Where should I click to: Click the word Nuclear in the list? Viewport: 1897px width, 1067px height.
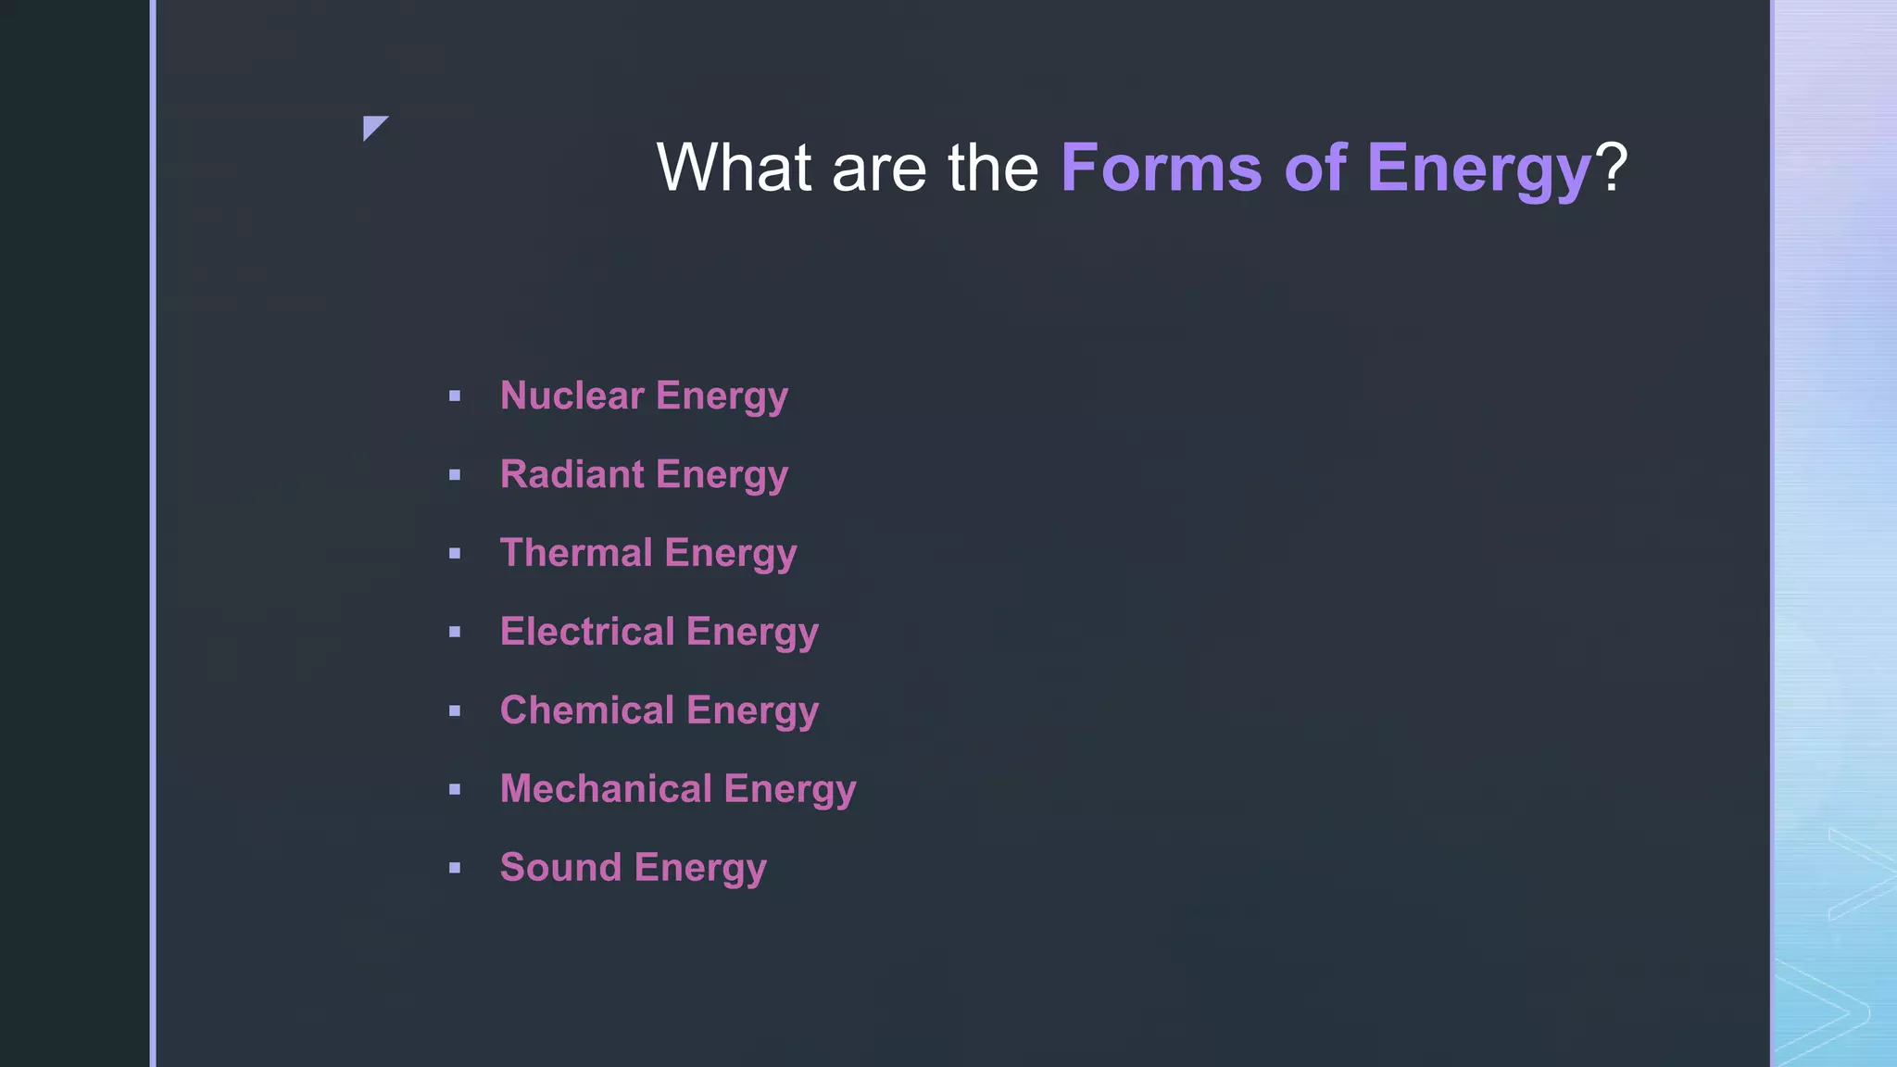[x=572, y=395]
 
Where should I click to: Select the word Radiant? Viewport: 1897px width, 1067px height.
[x=572, y=474]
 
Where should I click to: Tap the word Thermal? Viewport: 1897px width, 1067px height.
[x=576, y=553]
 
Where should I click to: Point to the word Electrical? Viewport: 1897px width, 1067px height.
[x=587, y=632]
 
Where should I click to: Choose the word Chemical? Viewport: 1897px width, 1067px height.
[x=587, y=710]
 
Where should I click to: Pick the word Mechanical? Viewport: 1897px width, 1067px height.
[x=606, y=789]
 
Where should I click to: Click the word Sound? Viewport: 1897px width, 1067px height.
[x=560, y=868]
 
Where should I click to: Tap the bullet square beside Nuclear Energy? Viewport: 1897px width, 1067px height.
[x=455, y=396]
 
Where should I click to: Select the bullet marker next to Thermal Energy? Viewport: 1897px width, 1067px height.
[x=455, y=554]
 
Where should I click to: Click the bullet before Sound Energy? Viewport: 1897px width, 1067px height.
[x=455, y=869]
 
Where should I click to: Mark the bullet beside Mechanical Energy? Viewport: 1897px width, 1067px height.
[x=455, y=790]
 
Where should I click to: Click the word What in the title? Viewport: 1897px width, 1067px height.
[x=734, y=168]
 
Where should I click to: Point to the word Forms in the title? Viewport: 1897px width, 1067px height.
[x=1161, y=168]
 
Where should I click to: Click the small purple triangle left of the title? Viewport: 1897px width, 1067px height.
[x=372, y=126]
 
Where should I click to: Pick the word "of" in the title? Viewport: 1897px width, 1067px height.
[x=1314, y=168]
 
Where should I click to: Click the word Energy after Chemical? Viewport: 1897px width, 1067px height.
[x=753, y=711]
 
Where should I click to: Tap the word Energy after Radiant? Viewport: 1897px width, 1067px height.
[x=722, y=475]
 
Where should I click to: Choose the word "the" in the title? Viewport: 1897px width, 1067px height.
[x=992, y=168]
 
